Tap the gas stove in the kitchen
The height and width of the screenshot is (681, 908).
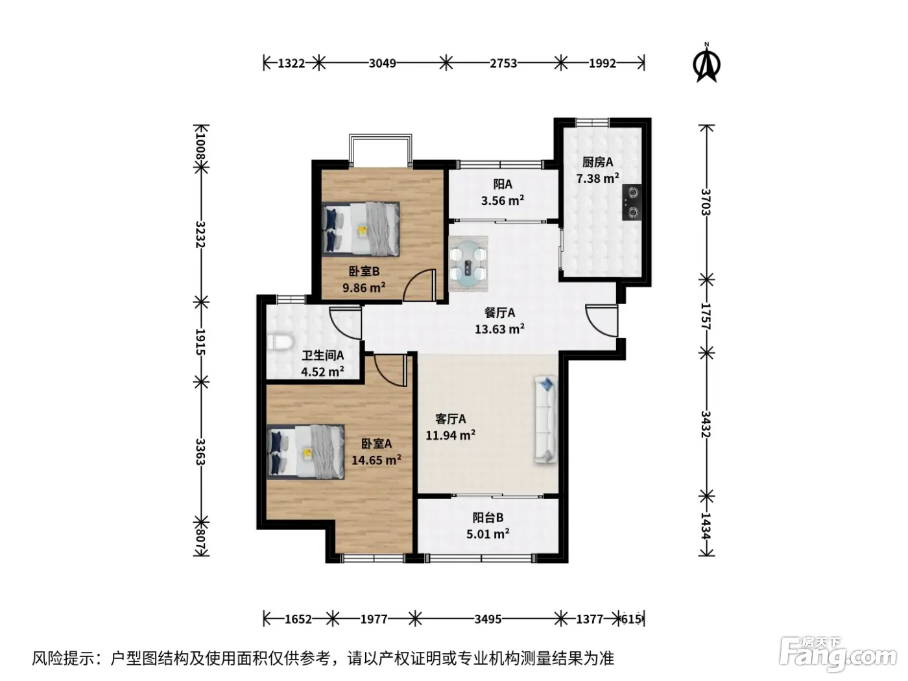[x=632, y=202]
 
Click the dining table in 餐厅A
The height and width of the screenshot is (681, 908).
[x=468, y=264]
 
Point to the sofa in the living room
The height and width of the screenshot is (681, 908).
[x=546, y=419]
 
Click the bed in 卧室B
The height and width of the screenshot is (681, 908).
[x=361, y=229]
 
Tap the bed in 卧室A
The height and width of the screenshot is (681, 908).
[x=305, y=452]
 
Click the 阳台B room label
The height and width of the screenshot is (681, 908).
[x=488, y=518]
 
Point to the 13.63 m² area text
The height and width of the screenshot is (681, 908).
[x=499, y=329]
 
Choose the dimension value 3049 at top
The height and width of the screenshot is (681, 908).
[x=382, y=64]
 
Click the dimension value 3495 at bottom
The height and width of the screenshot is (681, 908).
[x=488, y=619]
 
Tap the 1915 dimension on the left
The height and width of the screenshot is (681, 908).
[x=200, y=342]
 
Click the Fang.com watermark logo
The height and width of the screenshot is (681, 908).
[x=837, y=655]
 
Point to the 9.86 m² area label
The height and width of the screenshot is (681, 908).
[x=364, y=287]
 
